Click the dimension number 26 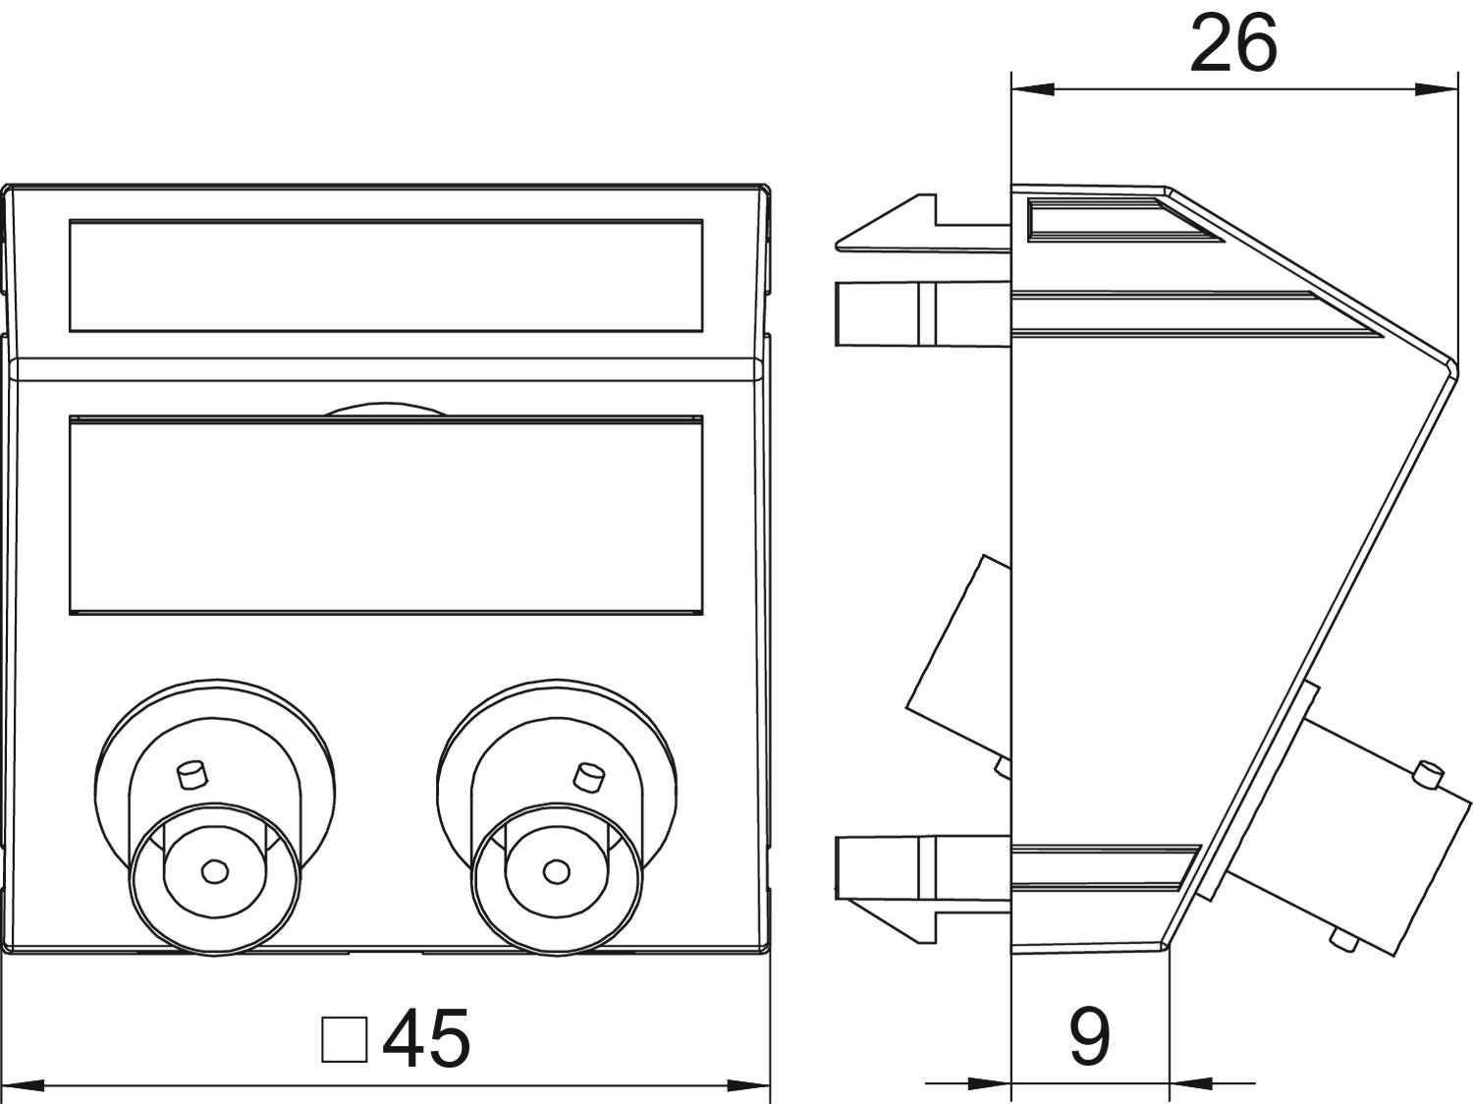[1232, 44]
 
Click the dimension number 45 [426, 1038]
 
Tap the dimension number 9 [1089, 1036]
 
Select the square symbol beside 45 [345, 1039]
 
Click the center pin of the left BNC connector [213, 870]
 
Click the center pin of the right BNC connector [555, 871]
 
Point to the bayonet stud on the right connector [588, 776]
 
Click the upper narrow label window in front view [386, 275]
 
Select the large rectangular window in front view [386, 516]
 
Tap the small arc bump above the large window [386, 410]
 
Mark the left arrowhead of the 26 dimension [1031, 89]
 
